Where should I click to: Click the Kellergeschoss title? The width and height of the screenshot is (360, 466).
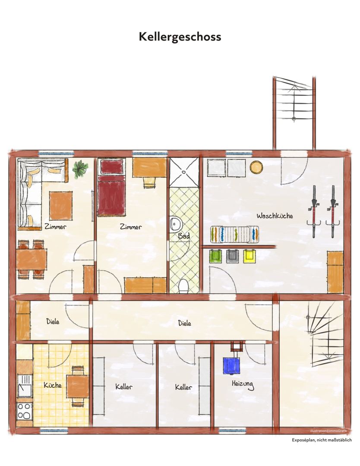180,37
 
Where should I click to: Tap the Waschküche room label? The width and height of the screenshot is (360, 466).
275,216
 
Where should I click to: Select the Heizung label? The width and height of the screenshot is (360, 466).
243,384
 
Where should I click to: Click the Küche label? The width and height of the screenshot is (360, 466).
53,385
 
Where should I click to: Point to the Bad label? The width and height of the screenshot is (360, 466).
184,236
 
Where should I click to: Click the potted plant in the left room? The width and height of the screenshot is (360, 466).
80,169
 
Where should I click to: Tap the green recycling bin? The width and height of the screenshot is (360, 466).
215,256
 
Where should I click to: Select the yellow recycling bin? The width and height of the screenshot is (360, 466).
249,256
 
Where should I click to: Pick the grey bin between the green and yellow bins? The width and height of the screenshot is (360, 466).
233,256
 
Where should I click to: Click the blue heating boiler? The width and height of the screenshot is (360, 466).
231,365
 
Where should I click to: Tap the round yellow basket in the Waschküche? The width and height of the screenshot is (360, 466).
256,167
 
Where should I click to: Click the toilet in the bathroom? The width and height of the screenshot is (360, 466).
184,287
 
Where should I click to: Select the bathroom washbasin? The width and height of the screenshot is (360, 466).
176,224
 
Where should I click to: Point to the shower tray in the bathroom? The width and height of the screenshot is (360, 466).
184,172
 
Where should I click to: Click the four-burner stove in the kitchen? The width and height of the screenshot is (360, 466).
24,411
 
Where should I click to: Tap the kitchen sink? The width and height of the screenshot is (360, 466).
24,386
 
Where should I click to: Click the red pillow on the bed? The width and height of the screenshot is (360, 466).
112,167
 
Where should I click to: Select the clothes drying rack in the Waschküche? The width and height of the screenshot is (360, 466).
234,234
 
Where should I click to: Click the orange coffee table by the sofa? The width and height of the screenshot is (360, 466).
61,206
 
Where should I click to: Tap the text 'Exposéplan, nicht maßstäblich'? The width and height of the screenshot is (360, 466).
322,440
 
